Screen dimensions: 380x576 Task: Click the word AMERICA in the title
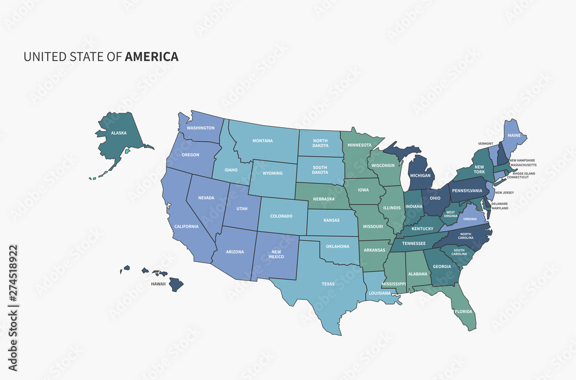(151, 56)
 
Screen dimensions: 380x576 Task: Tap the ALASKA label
(119, 133)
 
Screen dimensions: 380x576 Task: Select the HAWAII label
(158, 284)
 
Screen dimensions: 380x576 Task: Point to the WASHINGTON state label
(201, 128)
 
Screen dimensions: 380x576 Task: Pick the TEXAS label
(328, 284)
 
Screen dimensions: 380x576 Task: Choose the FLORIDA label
(464, 311)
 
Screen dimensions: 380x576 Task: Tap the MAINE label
(514, 135)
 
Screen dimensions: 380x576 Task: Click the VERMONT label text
(486, 143)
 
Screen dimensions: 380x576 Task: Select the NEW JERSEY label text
(504, 192)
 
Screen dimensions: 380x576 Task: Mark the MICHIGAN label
(420, 174)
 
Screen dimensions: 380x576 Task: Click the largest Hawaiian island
(176, 284)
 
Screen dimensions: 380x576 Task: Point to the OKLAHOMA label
(338, 246)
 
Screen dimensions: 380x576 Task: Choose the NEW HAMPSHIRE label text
(522, 161)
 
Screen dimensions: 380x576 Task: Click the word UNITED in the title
(40, 56)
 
